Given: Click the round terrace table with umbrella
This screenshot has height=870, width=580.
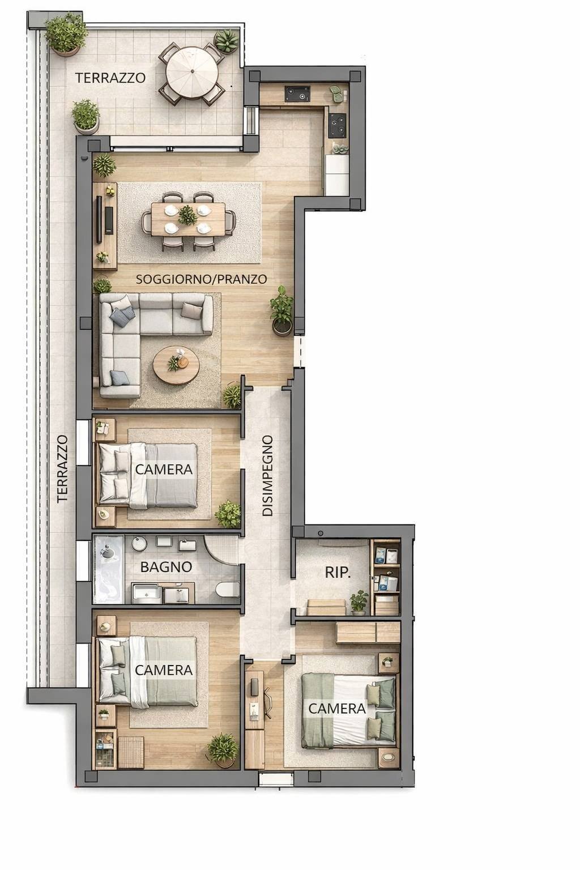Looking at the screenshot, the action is pyautogui.click(x=191, y=72).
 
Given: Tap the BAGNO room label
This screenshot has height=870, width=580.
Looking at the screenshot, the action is pyautogui.click(x=167, y=567).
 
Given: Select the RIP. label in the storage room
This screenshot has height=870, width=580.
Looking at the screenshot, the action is pyautogui.click(x=338, y=573).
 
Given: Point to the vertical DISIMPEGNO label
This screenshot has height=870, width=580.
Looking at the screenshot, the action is pyautogui.click(x=268, y=476).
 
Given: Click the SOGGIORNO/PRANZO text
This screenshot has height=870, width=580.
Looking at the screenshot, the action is pyautogui.click(x=201, y=279).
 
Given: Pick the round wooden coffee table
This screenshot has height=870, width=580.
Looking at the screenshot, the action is pyautogui.click(x=176, y=365).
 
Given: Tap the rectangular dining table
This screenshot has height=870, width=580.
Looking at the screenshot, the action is pyautogui.click(x=188, y=219).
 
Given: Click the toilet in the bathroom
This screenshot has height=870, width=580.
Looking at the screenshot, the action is pyautogui.click(x=228, y=590).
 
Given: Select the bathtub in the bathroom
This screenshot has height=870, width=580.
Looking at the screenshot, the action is pyautogui.click(x=108, y=570).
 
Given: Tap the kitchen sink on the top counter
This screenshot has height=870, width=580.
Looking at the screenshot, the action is pyautogui.click(x=297, y=94).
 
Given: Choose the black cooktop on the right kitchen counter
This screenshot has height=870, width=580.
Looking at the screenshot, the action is pyautogui.click(x=337, y=125).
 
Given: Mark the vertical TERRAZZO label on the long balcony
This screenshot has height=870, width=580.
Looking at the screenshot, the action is pyautogui.click(x=62, y=469).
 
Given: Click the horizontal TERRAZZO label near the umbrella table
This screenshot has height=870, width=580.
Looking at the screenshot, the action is pyautogui.click(x=110, y=78).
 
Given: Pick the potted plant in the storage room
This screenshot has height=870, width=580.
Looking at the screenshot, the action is pyautogui.click(x=359, y=603).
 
